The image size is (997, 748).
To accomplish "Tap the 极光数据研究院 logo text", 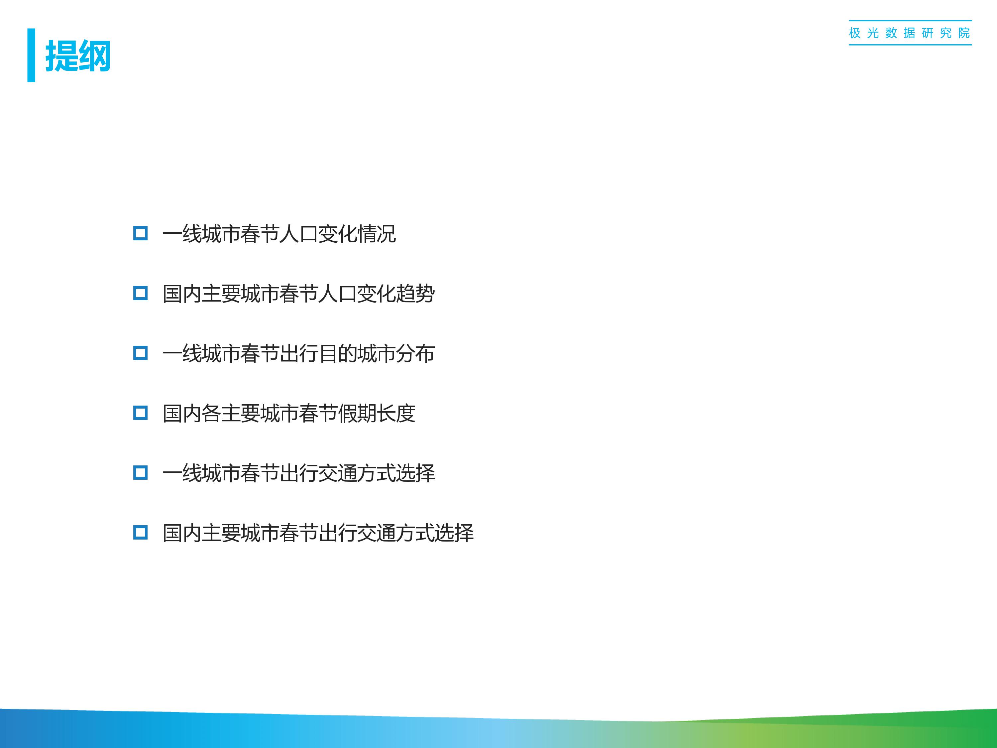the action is point(910,33).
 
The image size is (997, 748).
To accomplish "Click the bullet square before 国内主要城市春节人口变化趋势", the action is point(141,294).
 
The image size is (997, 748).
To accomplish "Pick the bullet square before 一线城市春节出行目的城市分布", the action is point(141,353).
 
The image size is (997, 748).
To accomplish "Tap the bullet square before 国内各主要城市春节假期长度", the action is point(141,413).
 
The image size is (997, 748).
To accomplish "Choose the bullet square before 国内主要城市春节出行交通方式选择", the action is point(141,533).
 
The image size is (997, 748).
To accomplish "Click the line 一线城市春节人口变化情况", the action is point(279,234).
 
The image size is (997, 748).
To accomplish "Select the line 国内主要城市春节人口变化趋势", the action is point(299,294).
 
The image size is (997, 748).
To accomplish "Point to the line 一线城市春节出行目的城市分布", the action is point(299,353).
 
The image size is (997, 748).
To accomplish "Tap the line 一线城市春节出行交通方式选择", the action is point(299,473).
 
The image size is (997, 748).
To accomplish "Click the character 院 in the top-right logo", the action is point(964,33).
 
